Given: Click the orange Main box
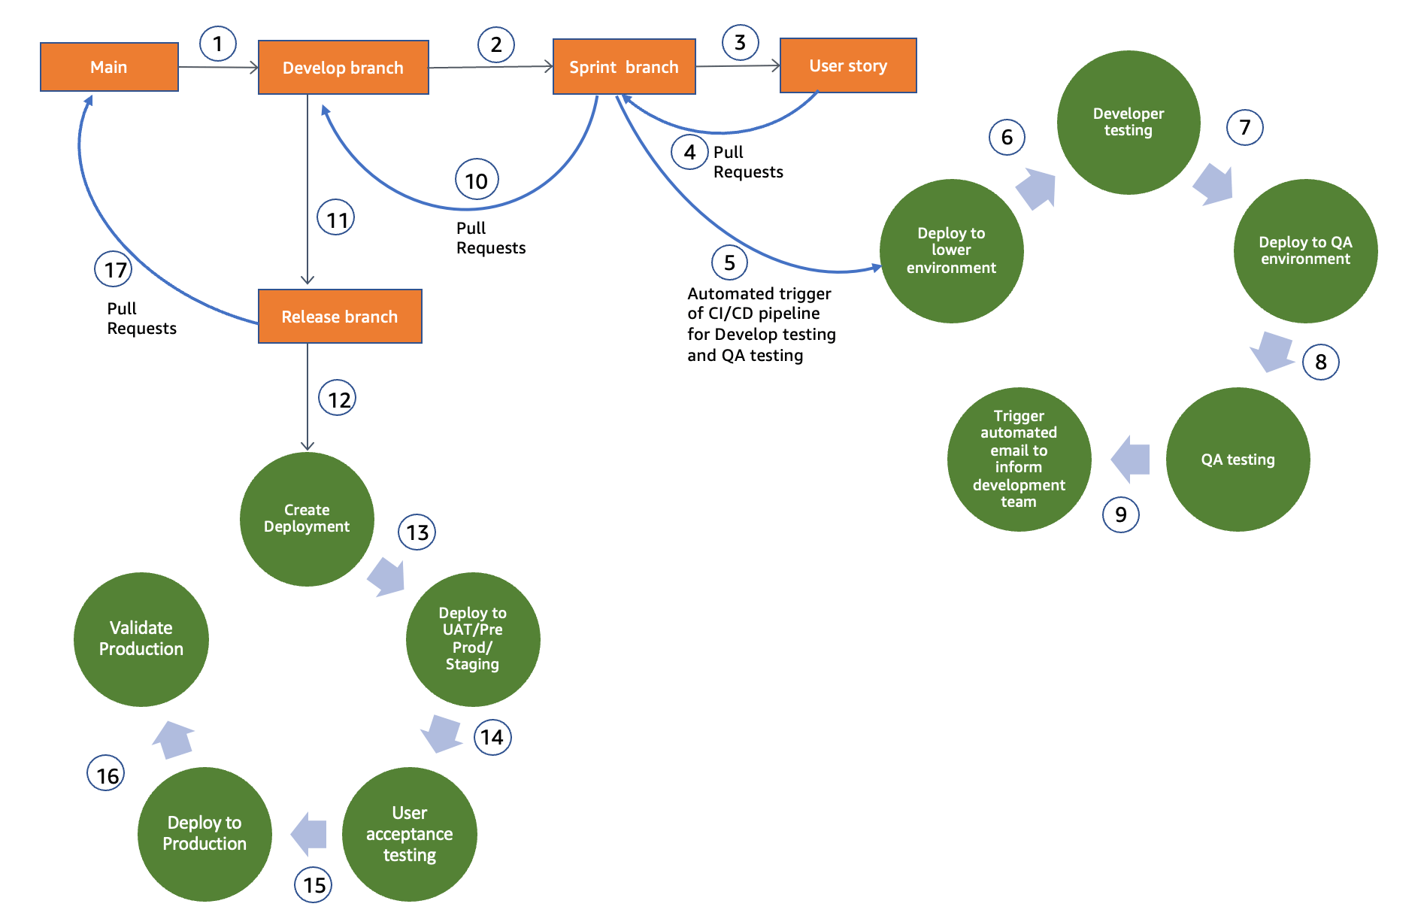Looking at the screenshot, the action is pos(109,67).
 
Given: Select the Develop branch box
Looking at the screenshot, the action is pos(344,68).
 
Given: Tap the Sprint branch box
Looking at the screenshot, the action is pos(624,67).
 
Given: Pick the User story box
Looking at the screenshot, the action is pos(848,65).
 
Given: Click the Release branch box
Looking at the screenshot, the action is pos(340,317).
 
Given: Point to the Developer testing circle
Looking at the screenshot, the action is pos(1129,123).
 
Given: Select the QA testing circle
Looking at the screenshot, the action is pos(1238,459).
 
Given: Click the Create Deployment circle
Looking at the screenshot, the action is pos(307,519).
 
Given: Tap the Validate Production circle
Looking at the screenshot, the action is pos(141,639).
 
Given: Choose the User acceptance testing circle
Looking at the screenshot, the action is pos(410,834).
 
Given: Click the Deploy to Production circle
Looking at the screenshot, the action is pos(205,834).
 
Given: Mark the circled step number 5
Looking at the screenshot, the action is pos(729,262).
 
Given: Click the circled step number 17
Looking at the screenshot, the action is pos(114,269).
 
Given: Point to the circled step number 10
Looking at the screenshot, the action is pos(477,180).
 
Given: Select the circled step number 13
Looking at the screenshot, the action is pos(417,532).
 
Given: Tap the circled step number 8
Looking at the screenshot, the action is pos(1321,362).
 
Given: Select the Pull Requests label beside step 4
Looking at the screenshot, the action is pos(748,162).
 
